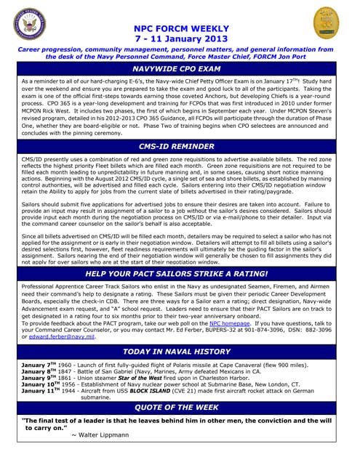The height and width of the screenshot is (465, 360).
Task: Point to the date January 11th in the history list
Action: tap(40, 391)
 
